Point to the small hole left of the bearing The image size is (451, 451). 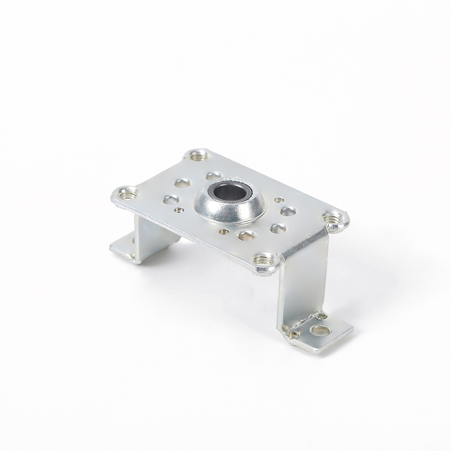[x=179, y=210]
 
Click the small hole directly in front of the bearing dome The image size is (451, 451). [x=224, y=231]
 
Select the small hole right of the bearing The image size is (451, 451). [x=278, y=200]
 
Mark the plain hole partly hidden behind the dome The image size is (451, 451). [x=213, y=176]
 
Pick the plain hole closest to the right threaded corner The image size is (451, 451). [x=288, y=211]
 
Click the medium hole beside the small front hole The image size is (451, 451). [x=246, y=236]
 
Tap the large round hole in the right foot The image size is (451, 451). [x=320, y=330]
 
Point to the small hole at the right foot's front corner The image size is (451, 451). [x=294, y=334]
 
